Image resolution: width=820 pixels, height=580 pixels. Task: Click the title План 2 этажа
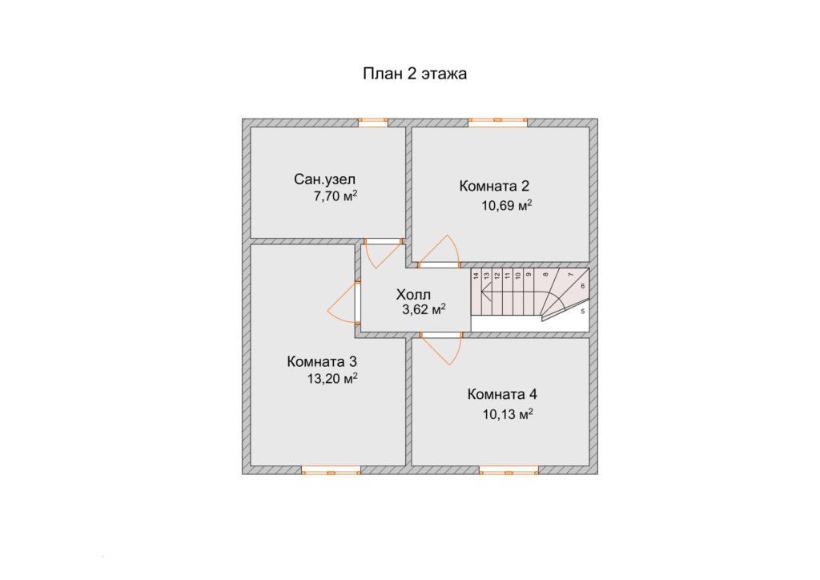tap(415, 74)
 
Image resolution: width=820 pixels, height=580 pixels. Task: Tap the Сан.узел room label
tap(325, 179)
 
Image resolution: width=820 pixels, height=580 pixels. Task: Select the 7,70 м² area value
tap(336, 196)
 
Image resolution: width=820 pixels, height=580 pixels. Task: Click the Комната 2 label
tap(494, 186)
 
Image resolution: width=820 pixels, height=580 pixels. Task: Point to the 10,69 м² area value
tap(507, 205)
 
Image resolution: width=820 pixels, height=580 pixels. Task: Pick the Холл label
tap(413, 294)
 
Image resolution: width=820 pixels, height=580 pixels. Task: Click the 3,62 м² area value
tap(424, 309)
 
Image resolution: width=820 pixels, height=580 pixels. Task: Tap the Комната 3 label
tap(322, 361)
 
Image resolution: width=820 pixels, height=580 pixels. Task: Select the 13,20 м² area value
tap(332, 378)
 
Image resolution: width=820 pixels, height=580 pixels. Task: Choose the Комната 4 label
tap(502, 394)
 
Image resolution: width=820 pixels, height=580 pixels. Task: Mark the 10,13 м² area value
tap(508, 414)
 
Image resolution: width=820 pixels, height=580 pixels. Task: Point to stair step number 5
tap(583, 311)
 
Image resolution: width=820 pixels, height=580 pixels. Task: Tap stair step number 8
tap(545, 274)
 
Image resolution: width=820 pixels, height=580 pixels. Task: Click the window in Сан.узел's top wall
tap(373, 123)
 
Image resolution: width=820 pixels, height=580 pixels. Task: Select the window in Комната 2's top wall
tap(498, 123)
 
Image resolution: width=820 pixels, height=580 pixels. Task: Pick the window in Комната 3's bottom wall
tap(331, 470)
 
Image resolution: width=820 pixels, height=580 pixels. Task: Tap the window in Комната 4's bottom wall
tap(508, 470)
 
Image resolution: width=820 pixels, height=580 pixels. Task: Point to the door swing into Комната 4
tap(441, 348)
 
